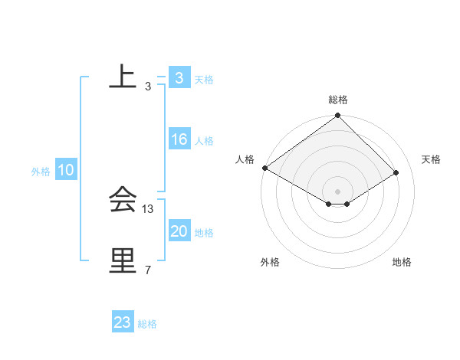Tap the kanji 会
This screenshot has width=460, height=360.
click(123, 201)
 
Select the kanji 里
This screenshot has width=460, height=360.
click(123, 261)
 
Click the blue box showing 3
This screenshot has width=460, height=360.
click(179, 78)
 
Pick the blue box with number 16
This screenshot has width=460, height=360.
click(179, 139)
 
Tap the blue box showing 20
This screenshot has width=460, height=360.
click(179, 231)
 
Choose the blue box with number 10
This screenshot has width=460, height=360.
click(65, 170)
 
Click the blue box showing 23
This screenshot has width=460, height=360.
click(122, 322)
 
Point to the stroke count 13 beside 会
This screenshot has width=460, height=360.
click(148, 208)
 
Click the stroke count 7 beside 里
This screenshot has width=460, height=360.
click(147, 270)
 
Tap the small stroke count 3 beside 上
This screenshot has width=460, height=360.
click(147, 86)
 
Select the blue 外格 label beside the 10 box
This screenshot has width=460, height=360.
click(41, 172)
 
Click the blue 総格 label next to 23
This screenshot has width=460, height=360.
click(147, 324)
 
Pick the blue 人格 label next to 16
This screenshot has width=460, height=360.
click(204, 141)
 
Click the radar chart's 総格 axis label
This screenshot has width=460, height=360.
click(338, 100)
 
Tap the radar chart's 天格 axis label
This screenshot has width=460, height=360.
click(432, 159)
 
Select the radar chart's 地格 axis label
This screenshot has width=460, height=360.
click(402, 262)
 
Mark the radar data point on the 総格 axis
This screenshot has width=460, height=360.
click(337, 116)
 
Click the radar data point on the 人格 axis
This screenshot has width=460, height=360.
click(264, 168)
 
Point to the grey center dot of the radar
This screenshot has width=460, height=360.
click(337, 190)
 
